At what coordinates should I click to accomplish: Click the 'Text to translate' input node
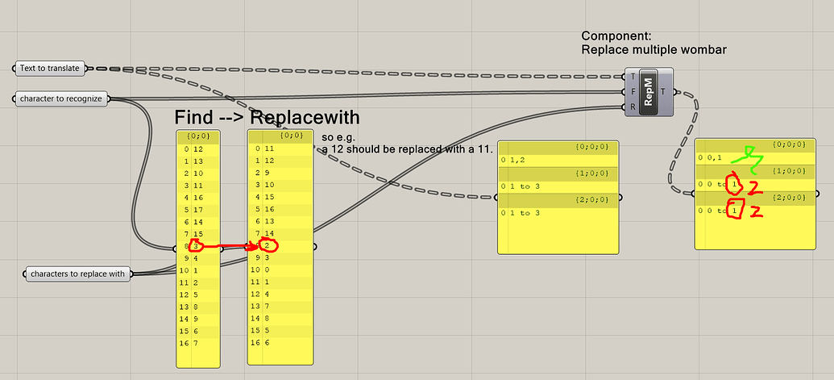(50, 69)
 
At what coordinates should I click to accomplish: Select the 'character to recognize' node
(62, 98)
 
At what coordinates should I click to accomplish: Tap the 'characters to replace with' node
(78, 274)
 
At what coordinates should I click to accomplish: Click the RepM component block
(648, 92)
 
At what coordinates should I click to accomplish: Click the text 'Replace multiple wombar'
(654, 50)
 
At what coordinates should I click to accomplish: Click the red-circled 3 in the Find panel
(196, 245)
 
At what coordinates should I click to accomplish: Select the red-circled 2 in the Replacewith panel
(268, 245)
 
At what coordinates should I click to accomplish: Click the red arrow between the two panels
(229, 245)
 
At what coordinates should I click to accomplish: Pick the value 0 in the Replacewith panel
(267, 270)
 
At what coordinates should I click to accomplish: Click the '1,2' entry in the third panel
(517, 161)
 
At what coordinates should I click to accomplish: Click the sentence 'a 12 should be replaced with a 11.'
(407, 150)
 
